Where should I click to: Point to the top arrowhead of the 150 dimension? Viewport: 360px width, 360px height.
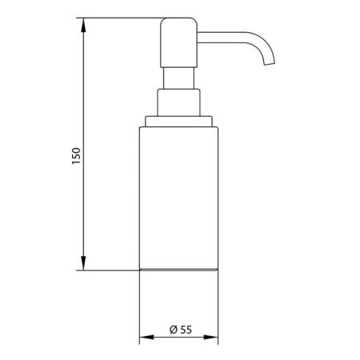click(x=84, y=24)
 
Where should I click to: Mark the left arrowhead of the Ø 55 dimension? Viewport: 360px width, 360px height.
click(x=145, y=339)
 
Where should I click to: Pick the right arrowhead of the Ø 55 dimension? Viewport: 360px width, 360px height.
click(x=216, y=339)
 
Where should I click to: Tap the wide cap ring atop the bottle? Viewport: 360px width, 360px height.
click(x=179, y=122)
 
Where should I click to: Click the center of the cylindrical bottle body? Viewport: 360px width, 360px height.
click(x=180, y=196)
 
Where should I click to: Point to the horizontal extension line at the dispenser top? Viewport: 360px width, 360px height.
click(x=120, y=19)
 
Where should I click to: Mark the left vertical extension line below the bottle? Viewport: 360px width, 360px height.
click(x=141, y=308)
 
